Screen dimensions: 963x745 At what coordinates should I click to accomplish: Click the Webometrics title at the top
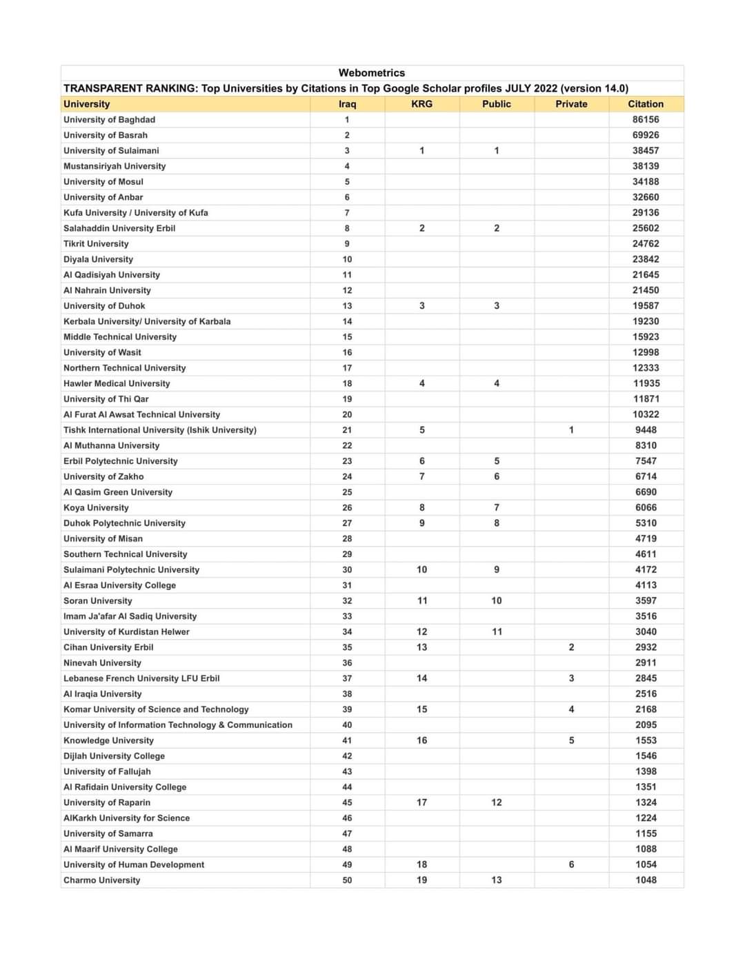[x=372, y=73]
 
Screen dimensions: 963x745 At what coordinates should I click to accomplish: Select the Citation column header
[x=646, y=104]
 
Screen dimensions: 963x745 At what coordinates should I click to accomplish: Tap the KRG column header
[x=421, y=104]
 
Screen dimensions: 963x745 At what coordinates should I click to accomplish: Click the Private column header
[x=571, y=104]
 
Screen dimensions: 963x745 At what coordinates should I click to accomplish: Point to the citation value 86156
[x=646, y=120]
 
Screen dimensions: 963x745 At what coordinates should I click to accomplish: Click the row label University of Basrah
[x=106, y=135]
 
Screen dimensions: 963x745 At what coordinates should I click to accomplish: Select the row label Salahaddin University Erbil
[x=119, y=228]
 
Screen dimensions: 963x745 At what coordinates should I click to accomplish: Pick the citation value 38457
[x=646, y=151]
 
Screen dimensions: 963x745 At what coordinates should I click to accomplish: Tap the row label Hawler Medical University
[x=117, y=383]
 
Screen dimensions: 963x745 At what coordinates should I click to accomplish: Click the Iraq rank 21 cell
[x=347, y=430]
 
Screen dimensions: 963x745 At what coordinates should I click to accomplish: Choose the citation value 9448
[x=646, y=430]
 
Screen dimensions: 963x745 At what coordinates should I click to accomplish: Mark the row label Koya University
[x=96, y=508]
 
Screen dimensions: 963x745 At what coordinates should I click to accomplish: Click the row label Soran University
[x=98, y=601]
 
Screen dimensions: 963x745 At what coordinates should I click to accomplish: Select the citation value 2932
[x=646, y=647]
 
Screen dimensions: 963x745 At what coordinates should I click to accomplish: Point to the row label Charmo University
[x=101, y=880]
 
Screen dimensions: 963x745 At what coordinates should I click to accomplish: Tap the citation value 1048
[x=646, y=880]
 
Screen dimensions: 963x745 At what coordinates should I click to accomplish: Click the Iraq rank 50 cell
[x=347, y=880]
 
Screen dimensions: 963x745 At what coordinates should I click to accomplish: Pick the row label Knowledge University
[x=108, y=740]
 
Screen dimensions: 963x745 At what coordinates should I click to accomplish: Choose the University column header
[x=86, y=104]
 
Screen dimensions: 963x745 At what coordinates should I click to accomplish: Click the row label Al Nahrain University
[x=107, y=290]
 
